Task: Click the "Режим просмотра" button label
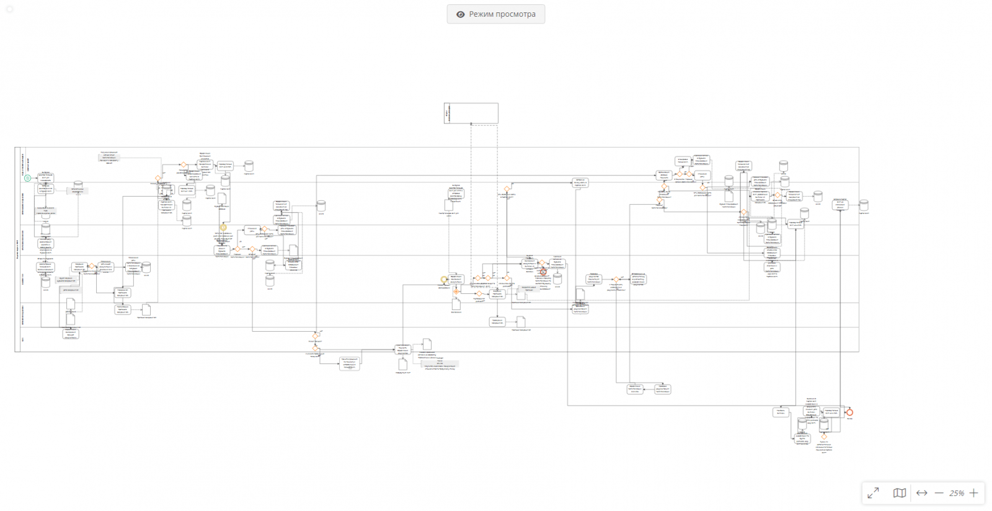tap(502, 14)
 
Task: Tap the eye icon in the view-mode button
tap(460, 14)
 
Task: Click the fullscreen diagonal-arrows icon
tap(873, 493)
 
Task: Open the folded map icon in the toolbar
tap(899, 493)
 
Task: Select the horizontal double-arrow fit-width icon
tap(921, 493)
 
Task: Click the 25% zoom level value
tap(956, 493)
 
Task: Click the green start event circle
tap(27, 178)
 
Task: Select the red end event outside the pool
tap(849, 412)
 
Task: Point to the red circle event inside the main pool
tap(543, 272)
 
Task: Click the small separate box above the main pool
tap(471, 113)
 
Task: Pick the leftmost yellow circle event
tap(223, 228)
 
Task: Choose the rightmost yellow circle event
tap(443, 280)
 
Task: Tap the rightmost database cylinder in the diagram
tap(863, 205)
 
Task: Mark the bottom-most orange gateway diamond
tap(824, 437)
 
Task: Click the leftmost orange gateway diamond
tap(92, 266)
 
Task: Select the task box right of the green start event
tap(46, 178)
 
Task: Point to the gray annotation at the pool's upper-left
tap(108, 157)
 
